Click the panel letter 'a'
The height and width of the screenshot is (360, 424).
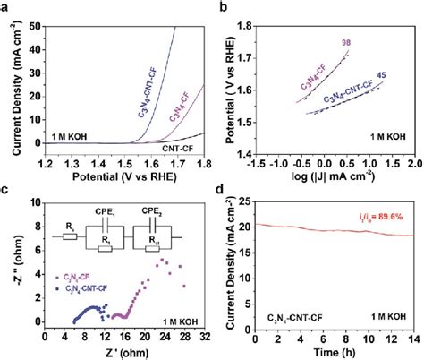[6, 7]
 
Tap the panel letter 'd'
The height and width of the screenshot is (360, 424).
[222, 190]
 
